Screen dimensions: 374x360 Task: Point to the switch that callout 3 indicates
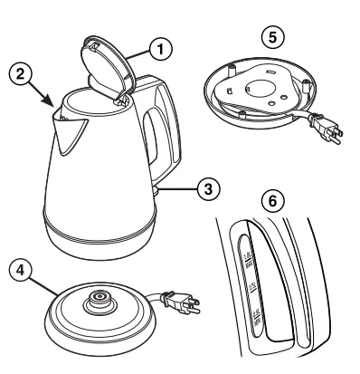coord(162,189)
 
